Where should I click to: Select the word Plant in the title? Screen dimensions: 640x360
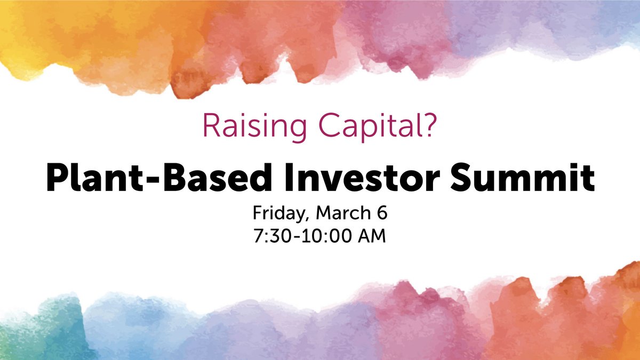pyautogui.click(x=94, y=177)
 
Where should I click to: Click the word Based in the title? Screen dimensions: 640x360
pyautogui.click(x=218, y=177)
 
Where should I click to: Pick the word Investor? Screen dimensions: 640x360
pyautogui.click(x=362, y=177)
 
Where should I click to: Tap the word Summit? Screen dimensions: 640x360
pyautogui.click(x=523, y=177)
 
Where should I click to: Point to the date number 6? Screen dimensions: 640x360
pyautogui.click(x=382, y=213)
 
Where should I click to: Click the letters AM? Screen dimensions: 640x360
pyautogui.click(x=372, y=236)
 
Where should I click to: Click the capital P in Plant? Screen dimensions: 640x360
pyautogui.click(x=57, y=177)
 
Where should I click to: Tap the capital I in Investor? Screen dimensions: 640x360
pyautogui.click(x=289, y=177)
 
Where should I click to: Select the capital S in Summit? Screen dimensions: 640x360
pyautogui.click(x=461, y=177)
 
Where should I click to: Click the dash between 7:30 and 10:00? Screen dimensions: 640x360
pyautogui.click(x=297, y=237)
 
